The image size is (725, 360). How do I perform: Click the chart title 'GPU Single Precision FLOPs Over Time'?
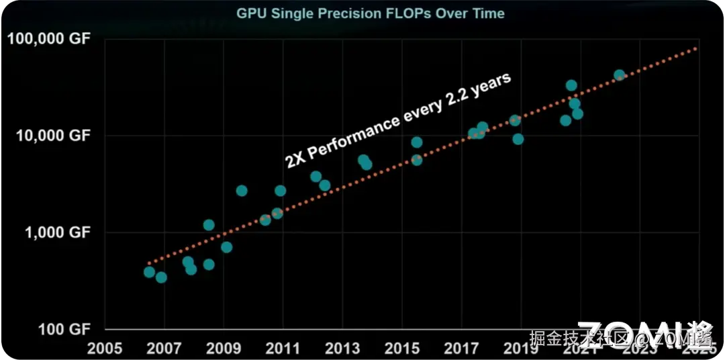(x=370, y=13)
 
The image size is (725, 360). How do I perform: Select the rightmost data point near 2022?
(x=620, y=75)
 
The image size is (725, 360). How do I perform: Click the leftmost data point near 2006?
(x=149, y=272)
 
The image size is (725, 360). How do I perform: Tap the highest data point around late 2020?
(x=571, y=85)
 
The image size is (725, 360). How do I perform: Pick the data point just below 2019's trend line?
(x=518, y=139)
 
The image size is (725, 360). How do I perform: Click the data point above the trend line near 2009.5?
(x=242, y=191)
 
